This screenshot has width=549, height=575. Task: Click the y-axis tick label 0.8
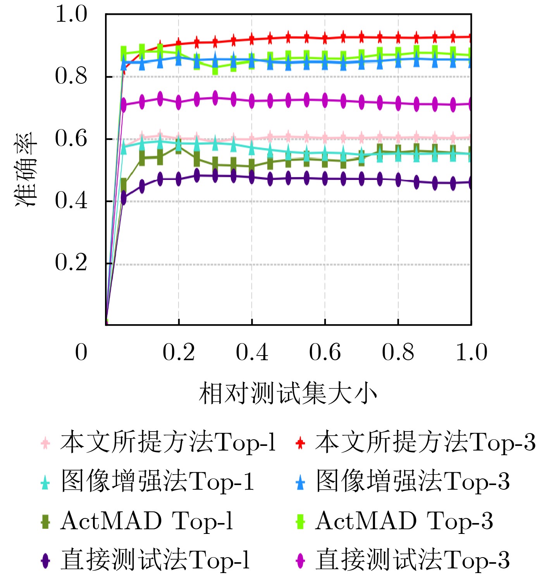(71, 76)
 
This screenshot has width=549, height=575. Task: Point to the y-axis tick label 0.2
(71, 263)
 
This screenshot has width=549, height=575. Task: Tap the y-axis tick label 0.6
(71, 138)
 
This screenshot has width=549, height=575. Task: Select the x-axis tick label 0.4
(252, 352)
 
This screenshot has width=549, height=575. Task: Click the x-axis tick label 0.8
(398, 352)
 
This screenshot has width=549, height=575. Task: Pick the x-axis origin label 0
(81, 352)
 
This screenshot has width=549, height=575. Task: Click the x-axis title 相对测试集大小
(288, 394)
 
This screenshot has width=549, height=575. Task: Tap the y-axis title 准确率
(26, 169)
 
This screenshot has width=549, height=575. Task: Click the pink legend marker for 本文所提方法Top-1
(45, 443)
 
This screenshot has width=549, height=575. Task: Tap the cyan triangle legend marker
(45, 482)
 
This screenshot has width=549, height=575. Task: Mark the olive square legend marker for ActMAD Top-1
(45, 521)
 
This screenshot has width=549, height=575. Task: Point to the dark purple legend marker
(45, 560)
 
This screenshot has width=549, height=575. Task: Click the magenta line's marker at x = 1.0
(471, 104)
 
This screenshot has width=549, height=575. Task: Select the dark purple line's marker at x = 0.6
(325, 178)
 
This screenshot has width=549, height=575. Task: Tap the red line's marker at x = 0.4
(252, 39)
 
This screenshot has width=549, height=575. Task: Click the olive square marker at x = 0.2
(179, 147)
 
